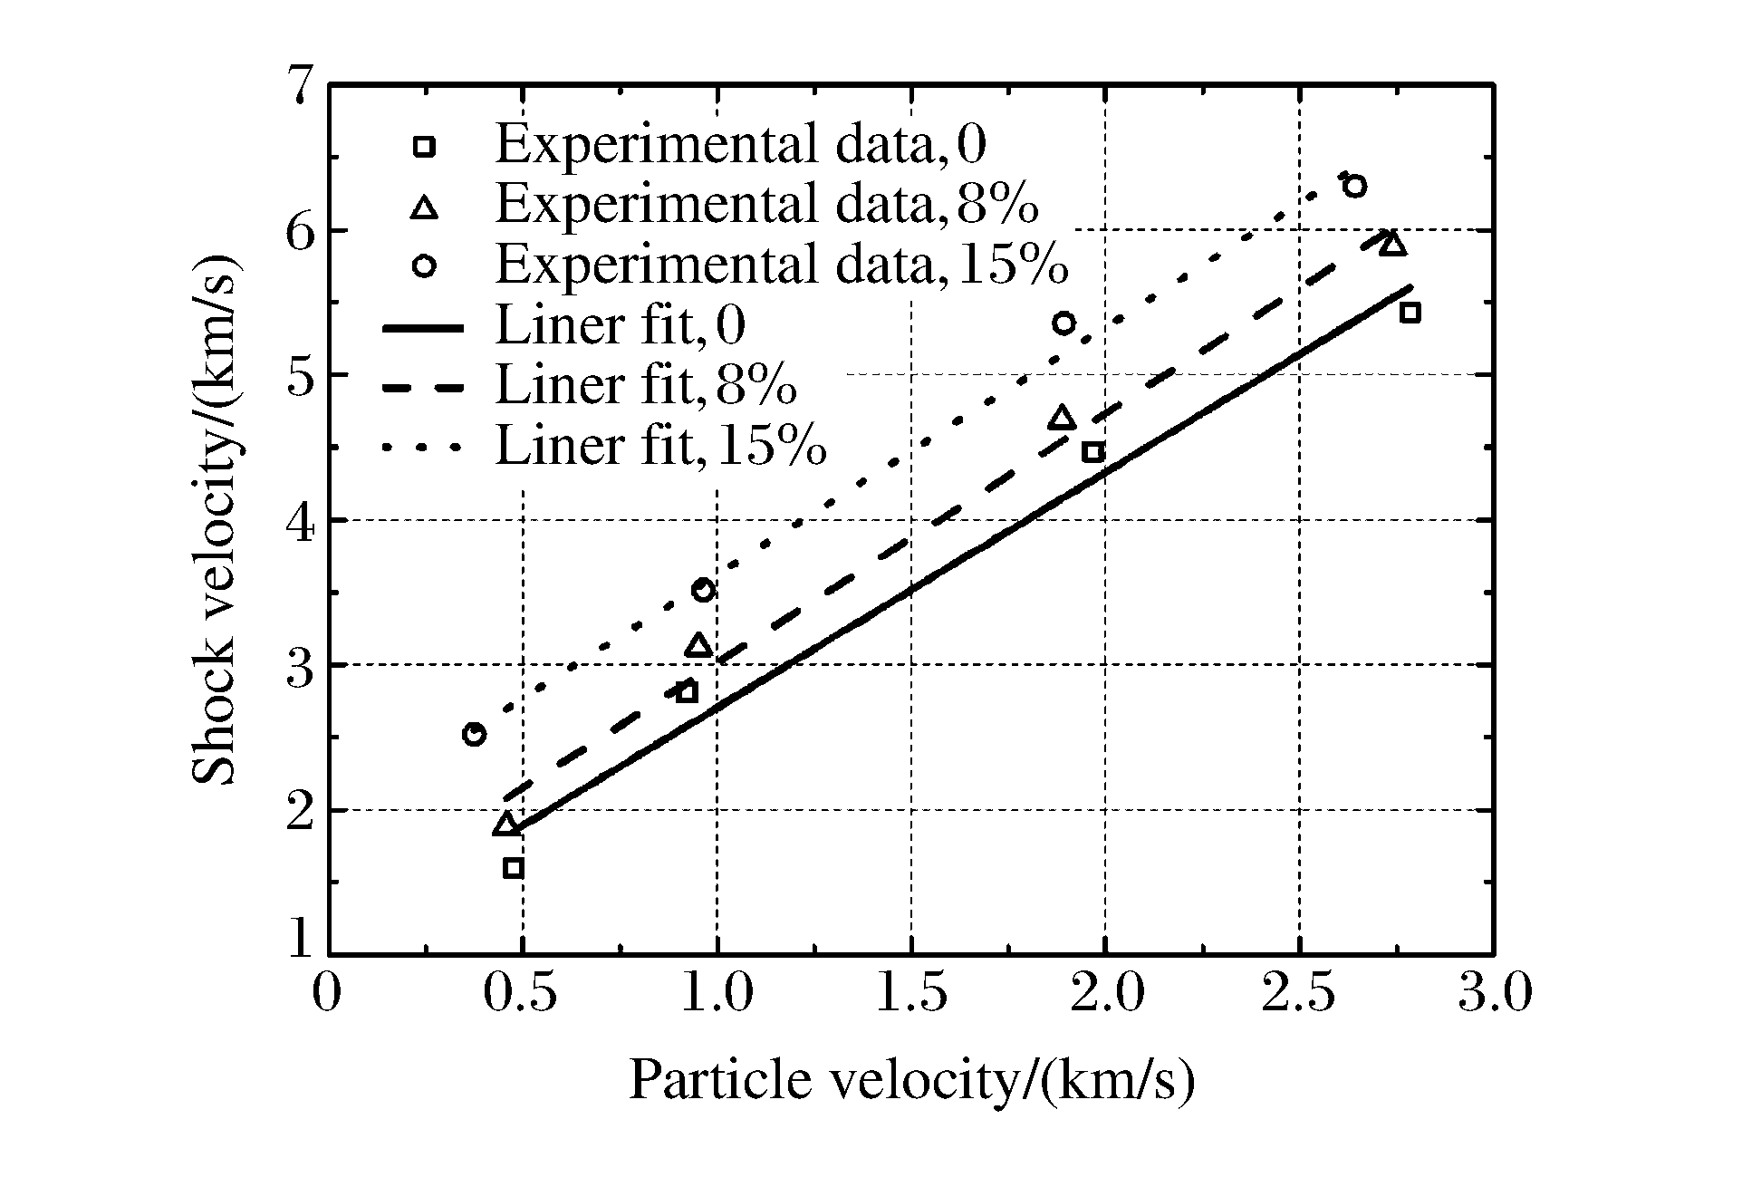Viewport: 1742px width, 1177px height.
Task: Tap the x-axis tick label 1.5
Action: click(911, 992)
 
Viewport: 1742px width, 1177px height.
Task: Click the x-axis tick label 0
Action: click(327, 992)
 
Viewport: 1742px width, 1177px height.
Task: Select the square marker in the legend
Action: click(424, 147)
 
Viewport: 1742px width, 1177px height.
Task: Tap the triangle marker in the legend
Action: click(424, 207)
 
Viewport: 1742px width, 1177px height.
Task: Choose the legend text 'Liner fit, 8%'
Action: click(646, 385)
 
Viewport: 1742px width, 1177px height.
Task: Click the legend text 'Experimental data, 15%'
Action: click(782, 265)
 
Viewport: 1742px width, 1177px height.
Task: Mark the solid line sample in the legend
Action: click(424, 327)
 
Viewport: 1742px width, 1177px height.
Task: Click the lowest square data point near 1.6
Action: click(513, 868)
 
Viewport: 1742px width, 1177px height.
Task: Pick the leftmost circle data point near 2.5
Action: click(474, 734)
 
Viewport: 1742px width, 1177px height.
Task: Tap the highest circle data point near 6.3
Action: click(1355, 187)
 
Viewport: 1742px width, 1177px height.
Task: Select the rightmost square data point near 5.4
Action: click(1410, 314)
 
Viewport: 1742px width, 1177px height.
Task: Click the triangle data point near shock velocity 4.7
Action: click(1062, 418)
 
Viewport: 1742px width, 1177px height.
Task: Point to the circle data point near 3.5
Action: click(703, 590)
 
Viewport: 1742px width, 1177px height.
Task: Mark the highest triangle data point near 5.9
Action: click(1392, 244)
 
